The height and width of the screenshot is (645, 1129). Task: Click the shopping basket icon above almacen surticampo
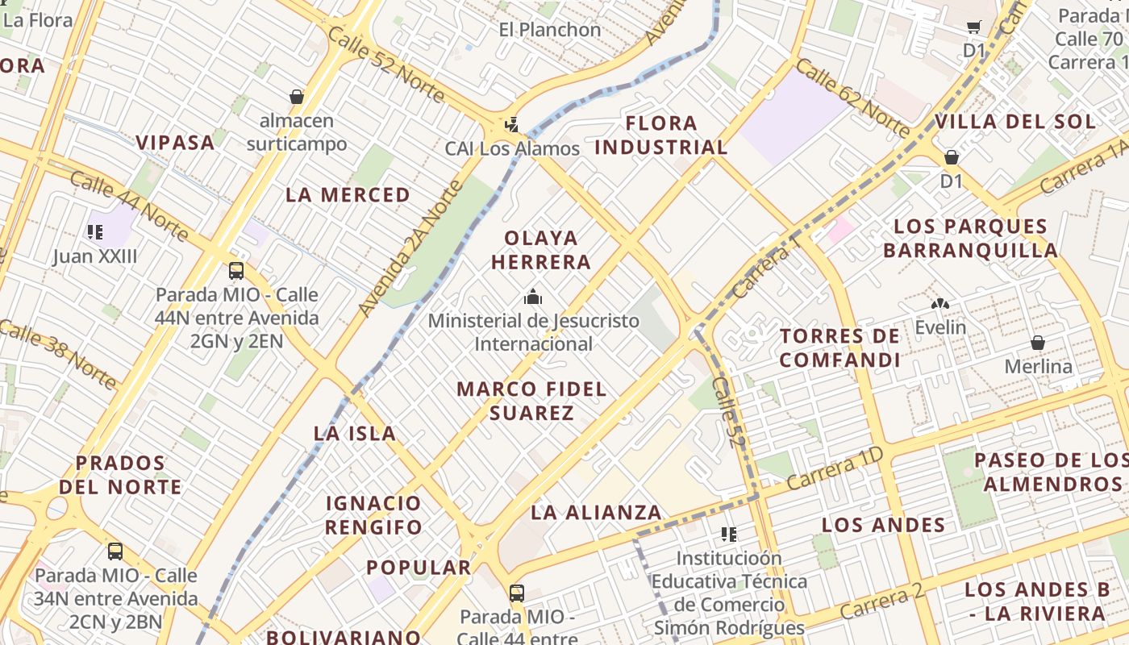[297, 97]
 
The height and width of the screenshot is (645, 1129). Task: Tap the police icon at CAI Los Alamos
[511, 125]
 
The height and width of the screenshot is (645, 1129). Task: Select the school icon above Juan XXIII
[95, 232]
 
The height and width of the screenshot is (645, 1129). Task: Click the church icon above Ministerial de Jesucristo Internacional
[532, 297]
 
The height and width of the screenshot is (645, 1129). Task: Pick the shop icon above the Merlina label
[1038, 343]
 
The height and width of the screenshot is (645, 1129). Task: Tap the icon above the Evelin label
[939, 304]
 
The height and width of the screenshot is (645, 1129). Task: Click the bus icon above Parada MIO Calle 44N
[236, 270]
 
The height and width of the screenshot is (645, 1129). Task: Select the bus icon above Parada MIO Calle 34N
[115, 551]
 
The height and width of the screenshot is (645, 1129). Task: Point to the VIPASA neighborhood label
[175, 143]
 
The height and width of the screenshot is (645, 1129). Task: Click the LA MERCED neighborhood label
[348, 195]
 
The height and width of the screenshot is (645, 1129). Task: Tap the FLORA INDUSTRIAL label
[661, 135]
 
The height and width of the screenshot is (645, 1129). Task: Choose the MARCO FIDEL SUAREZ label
[531, 401]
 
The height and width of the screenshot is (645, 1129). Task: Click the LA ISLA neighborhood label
[355, 433]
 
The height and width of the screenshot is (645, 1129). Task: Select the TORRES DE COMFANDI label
[839, 347]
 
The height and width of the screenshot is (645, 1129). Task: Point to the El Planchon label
[550, 30]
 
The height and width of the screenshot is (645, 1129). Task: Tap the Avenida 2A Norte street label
[410, 248]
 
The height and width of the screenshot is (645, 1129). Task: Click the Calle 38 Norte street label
[58, 353]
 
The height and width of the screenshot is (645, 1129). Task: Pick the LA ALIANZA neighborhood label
[596, 512]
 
